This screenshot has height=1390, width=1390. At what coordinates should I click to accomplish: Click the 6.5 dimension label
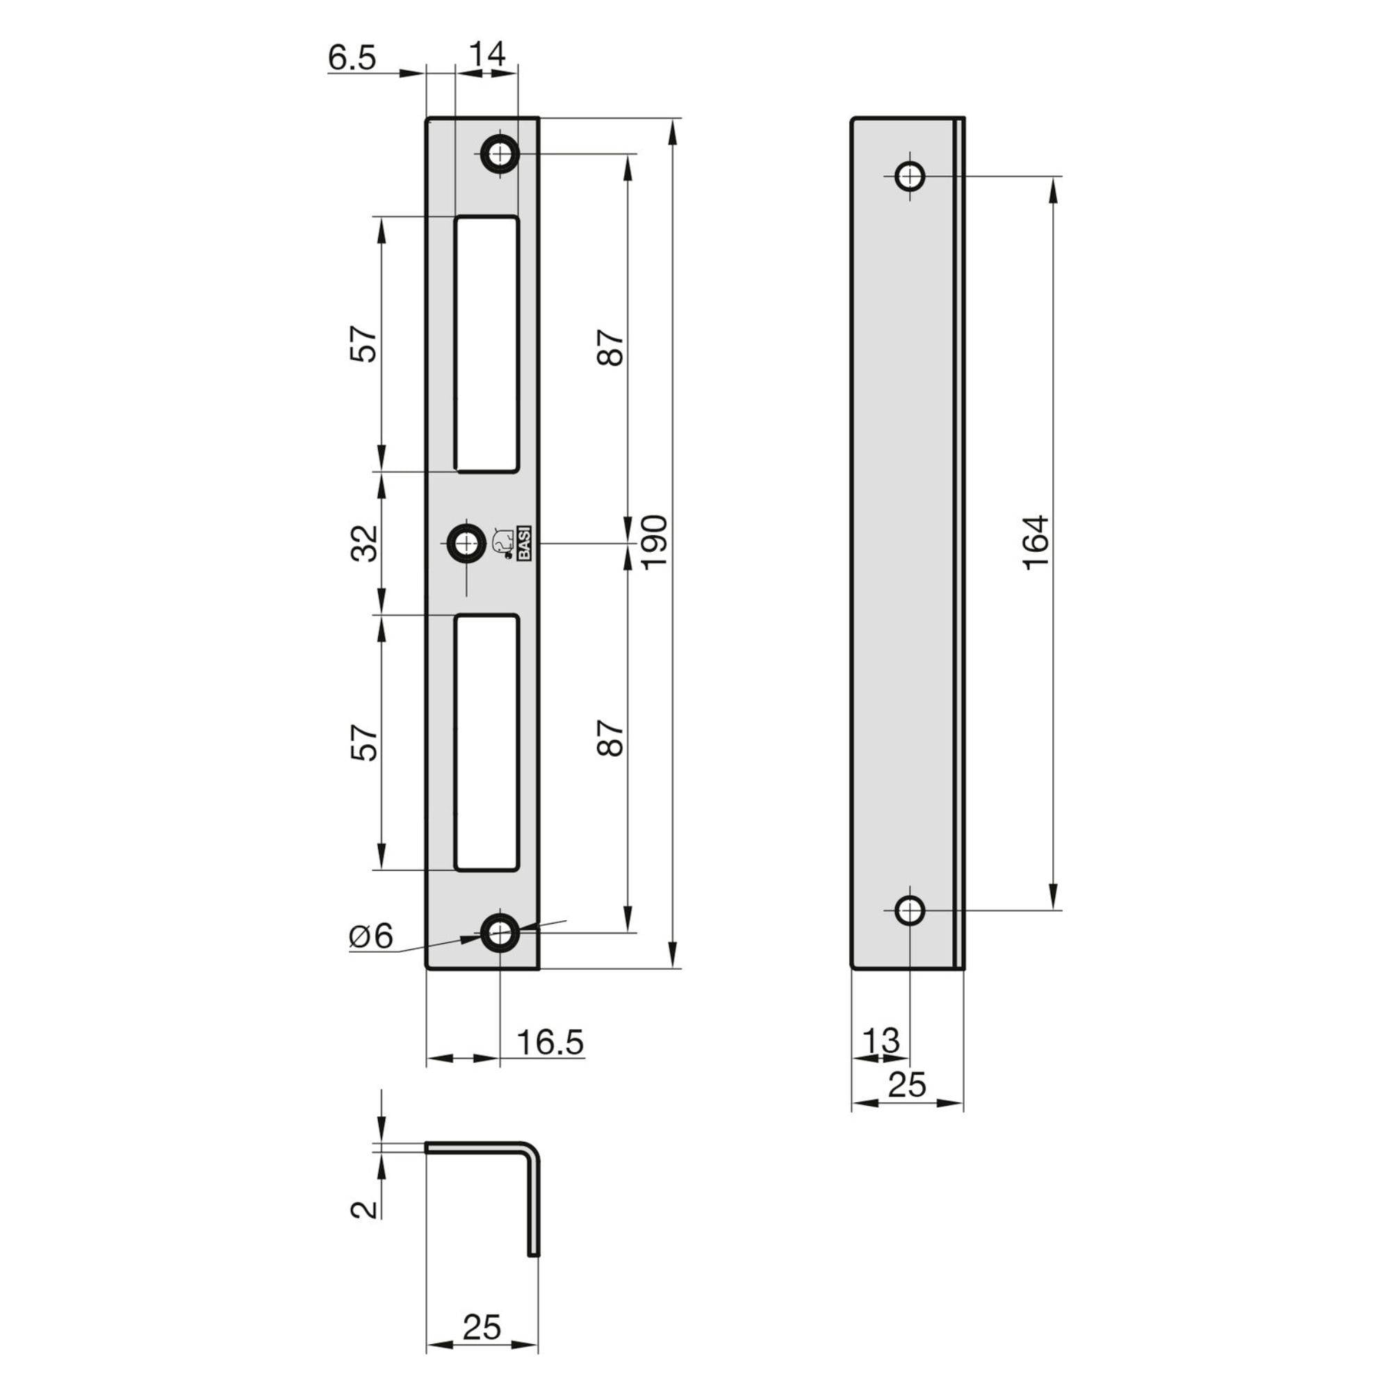[x=352, y=58]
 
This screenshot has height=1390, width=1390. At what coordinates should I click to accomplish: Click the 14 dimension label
[x=488, y=54]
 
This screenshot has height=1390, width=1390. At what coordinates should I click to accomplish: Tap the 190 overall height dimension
[x=655, y=543]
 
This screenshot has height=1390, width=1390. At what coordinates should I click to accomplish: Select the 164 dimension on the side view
[x=1037, y=543]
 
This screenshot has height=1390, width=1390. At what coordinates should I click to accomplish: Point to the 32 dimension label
[x=366, y=543]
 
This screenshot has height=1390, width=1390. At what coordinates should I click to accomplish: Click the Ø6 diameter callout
[x=372, y=938]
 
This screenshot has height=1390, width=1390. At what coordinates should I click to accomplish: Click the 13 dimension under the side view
[x=881, y=1040]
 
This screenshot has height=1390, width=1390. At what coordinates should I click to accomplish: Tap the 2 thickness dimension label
[x=365, y=1209]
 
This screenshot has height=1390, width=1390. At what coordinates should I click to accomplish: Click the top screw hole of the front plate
[x=499, y=153]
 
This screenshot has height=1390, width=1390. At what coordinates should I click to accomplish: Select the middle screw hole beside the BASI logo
[x=467, y=544]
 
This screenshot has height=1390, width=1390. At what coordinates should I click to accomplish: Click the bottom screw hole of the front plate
[x=499, y=933]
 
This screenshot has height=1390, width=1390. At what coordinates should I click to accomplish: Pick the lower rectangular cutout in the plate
[x=486, y=742]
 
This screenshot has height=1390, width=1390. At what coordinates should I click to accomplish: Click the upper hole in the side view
[x=910, y=176]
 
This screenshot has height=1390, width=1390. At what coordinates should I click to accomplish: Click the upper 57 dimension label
[x=366, y=344]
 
